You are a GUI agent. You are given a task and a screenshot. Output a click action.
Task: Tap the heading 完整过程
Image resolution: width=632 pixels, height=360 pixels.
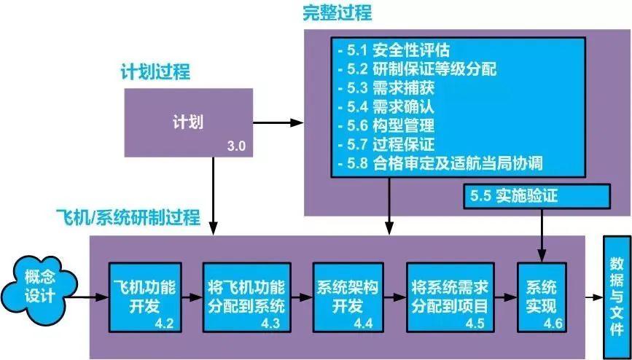(x=338, y=12)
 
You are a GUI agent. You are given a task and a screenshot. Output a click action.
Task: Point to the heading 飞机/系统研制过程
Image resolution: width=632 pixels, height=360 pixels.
(x=128, y=216)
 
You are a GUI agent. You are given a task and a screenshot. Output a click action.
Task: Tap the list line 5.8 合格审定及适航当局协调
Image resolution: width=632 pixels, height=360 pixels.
(x=440, y=162)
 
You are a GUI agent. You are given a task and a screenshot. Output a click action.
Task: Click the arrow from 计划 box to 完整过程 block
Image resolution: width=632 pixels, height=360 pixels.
(x=277, y=122)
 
